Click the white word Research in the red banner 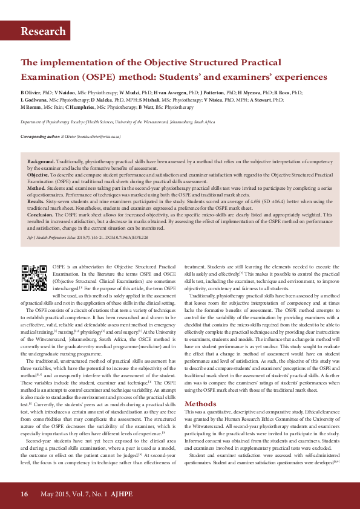[43, 31]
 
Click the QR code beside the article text [34, 277]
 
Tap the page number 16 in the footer [24, 494]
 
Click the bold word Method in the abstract [36, 188]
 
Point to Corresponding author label [39, 137]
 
